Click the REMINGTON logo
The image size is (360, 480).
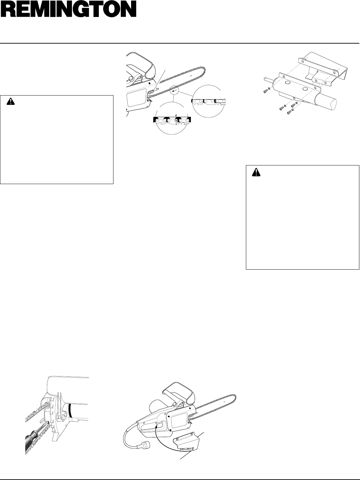[x=68, y=10]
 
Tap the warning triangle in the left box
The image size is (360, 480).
[x=11, y=102]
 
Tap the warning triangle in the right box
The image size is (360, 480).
[x=257, y=172]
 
